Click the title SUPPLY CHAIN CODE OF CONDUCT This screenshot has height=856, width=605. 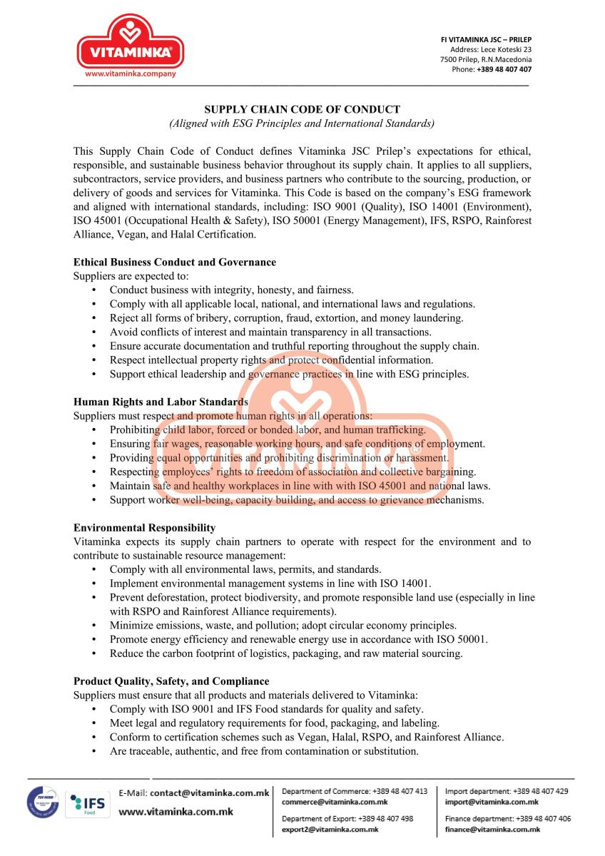pos(302,110)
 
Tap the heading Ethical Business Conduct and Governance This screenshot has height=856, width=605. pos(175,263)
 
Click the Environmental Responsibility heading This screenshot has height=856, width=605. pos(144,528)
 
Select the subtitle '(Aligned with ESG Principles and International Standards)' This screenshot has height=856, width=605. pos(302,123)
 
